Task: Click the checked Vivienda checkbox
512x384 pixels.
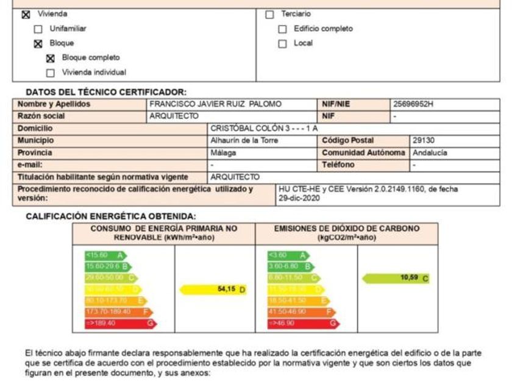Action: [25, 14]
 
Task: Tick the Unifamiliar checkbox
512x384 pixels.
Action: [38, 29]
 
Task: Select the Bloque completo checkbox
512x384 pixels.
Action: [51, 58]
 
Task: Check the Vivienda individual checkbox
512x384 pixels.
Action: [51, 73]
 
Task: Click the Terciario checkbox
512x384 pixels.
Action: [269, 14]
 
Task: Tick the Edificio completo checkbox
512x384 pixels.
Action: [282, 29]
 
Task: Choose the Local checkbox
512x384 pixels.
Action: [282, 43]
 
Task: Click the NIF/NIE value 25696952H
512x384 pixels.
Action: [414, 104]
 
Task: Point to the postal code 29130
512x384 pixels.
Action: [423, 141]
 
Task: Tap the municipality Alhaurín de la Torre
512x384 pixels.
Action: [244, 141]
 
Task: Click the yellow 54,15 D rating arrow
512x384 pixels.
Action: [213, 290]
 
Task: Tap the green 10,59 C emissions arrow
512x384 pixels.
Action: [396, 278]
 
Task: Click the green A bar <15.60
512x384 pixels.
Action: [104, 255]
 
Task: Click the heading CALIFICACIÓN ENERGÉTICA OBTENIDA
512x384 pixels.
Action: [111, 216]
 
